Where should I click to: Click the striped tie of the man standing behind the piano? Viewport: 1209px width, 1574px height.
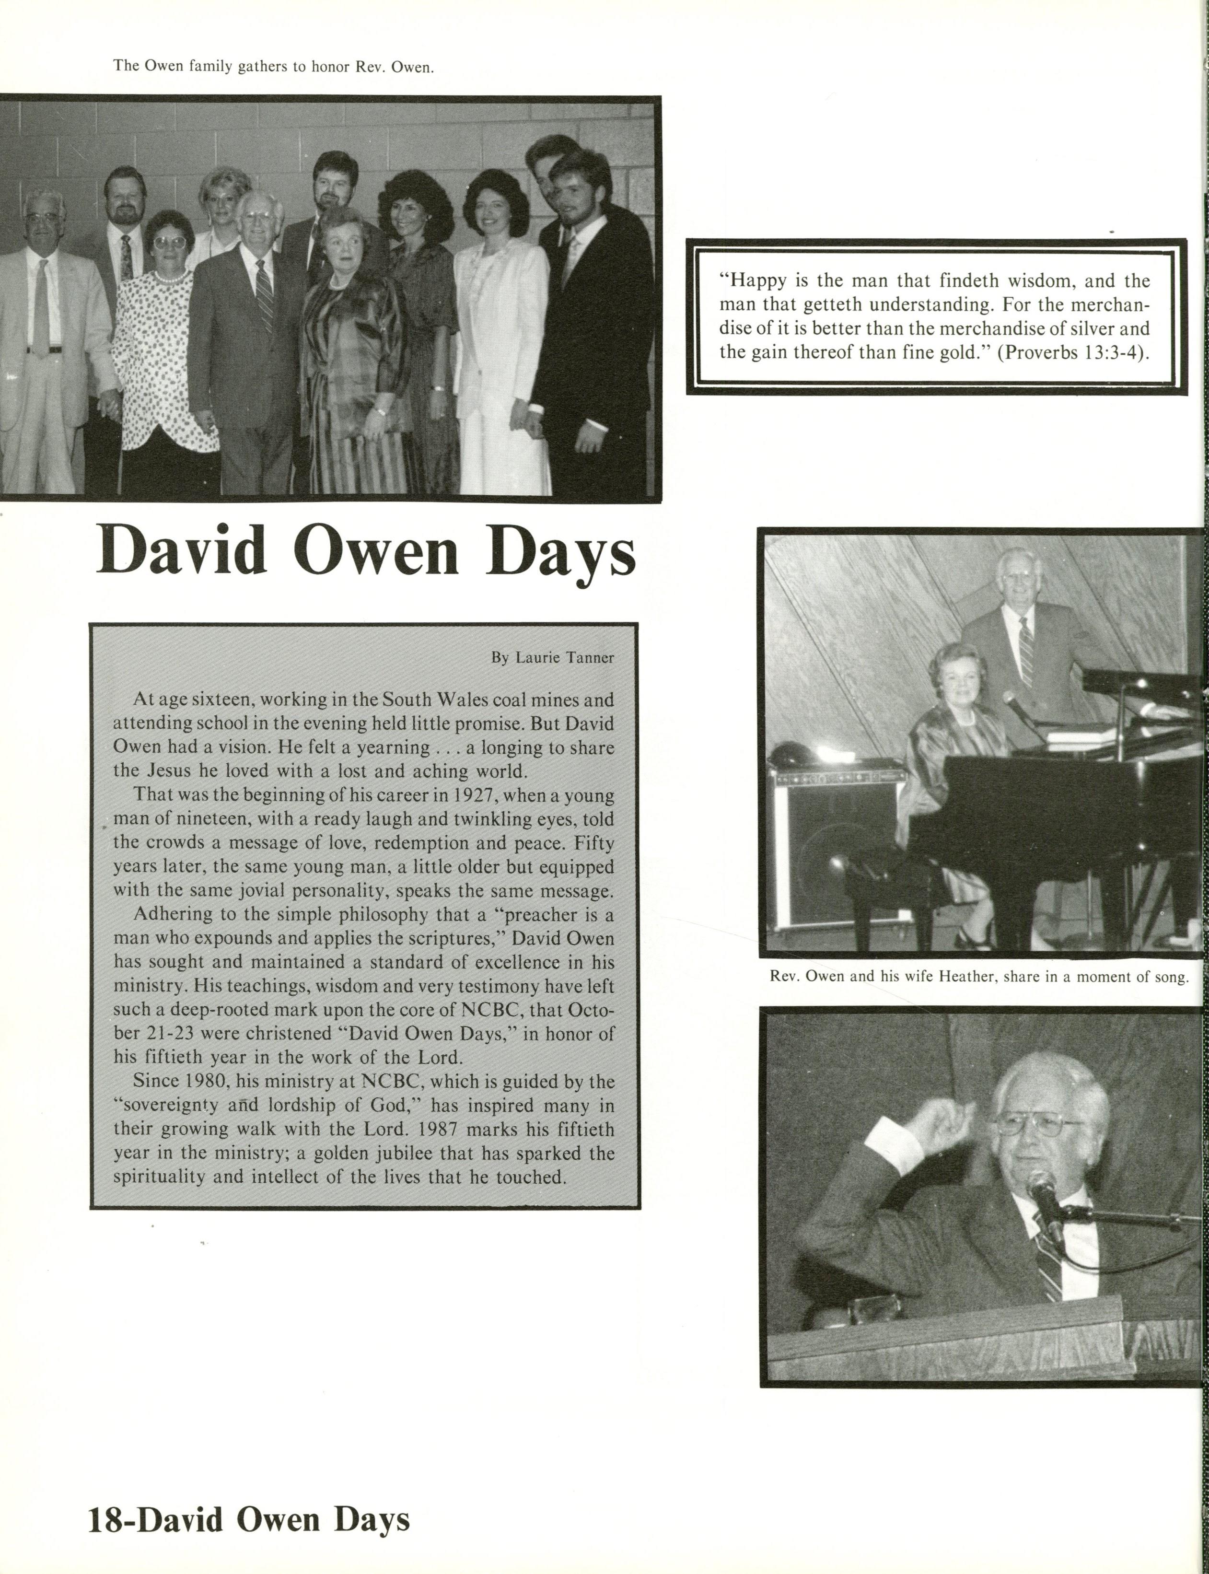point(1025,652)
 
